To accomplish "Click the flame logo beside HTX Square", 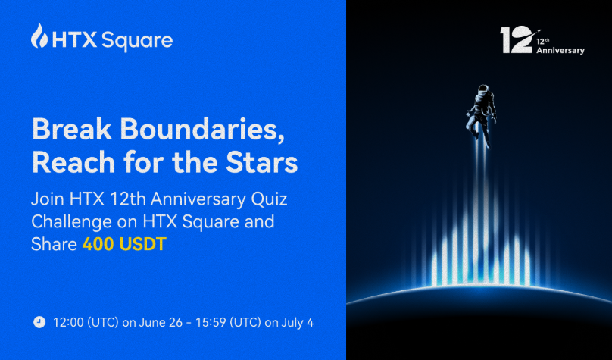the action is (x=39, y=36).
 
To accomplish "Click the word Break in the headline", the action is (x=72, y=129).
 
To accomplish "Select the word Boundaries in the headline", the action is (x=202, y=130).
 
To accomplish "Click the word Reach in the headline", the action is (x=73, y=163).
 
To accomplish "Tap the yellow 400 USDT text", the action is (x=124, y=244).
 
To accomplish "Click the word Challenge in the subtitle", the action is (x=71, y=223).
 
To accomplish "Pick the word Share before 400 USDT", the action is (x=54, y=244).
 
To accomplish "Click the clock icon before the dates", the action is (x=39, y=323).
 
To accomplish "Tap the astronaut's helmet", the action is (x=482, y=89).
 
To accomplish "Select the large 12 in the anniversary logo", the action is (x=516, y=40).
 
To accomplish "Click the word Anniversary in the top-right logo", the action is (x=560, y=51).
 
